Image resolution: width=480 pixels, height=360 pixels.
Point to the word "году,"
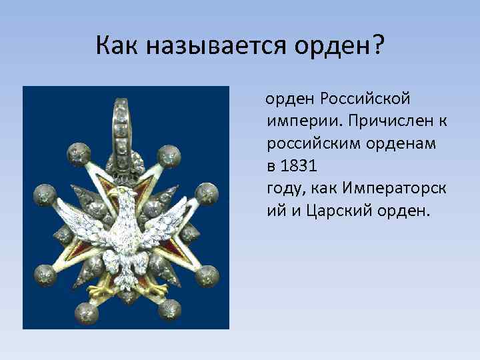pyautogui.click(x=285, y=189)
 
